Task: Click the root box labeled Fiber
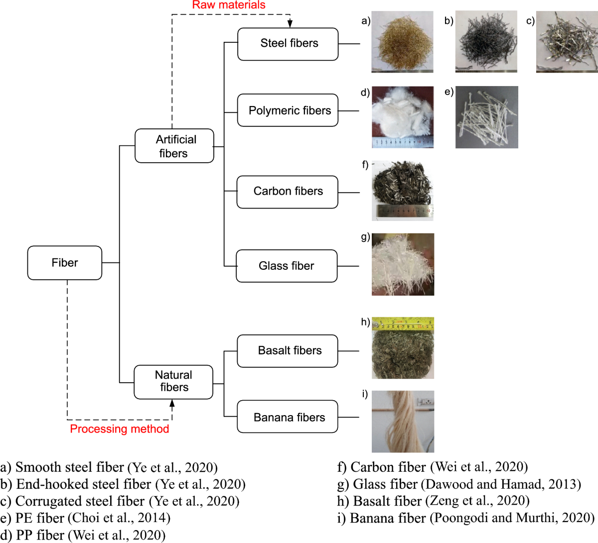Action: (65, 263)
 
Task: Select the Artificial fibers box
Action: (174, 146)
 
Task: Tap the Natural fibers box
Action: (173, 382)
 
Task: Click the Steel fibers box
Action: (288, 44)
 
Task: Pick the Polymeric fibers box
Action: (288, 110)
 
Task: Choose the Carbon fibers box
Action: (288, 192)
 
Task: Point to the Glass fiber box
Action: (287, 266)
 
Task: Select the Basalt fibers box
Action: (288, 351)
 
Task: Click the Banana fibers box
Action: (288, 418)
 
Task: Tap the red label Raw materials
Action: (229, 5)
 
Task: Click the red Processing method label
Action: (120, 429)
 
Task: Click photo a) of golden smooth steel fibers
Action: (402, 42)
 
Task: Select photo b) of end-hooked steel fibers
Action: (486, 42)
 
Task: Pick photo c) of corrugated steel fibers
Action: (567, 42)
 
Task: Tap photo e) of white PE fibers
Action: (486, 117)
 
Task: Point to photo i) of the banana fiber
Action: (403, 422)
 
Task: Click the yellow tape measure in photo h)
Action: (403, 324)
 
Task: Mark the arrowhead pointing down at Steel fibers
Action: (290, 24)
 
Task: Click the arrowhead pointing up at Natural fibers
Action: (172, 404)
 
